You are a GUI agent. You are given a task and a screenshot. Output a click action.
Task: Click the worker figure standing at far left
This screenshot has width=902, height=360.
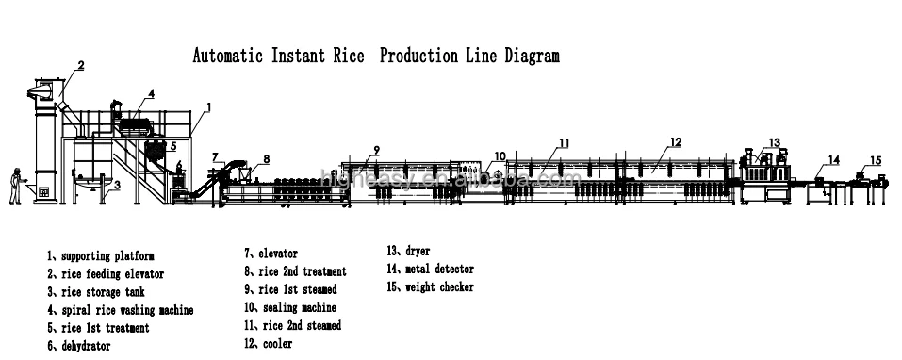(x=14, y=186)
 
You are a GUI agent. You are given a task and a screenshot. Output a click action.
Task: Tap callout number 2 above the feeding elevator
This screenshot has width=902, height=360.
(x=81, y=66)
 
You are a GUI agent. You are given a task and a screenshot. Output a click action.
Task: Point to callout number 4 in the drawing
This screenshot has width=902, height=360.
(x=152, y=93)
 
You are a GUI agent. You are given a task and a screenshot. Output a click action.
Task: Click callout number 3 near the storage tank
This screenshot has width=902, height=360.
(x=116, y=186)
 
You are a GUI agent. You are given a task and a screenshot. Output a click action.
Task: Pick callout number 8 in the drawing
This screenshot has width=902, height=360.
(x=266, y=158)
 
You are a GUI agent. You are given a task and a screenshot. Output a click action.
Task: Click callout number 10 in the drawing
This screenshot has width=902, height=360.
(x=500, y=155)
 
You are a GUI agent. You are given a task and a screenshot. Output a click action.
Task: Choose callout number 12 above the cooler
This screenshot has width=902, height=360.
(x=675, y=143)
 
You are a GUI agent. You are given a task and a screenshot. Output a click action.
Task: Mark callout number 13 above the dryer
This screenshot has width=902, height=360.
(x=774, y=142)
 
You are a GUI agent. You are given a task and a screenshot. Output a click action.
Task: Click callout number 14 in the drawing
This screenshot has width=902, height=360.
(x=833, y=158)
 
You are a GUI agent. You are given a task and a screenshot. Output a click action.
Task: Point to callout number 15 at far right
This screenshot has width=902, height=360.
(x=876, y=159)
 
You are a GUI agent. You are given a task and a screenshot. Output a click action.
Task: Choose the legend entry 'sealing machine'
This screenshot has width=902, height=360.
(x=290, y=307)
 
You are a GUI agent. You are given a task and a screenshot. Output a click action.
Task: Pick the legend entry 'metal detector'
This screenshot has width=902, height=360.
(x=434, y=270)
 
